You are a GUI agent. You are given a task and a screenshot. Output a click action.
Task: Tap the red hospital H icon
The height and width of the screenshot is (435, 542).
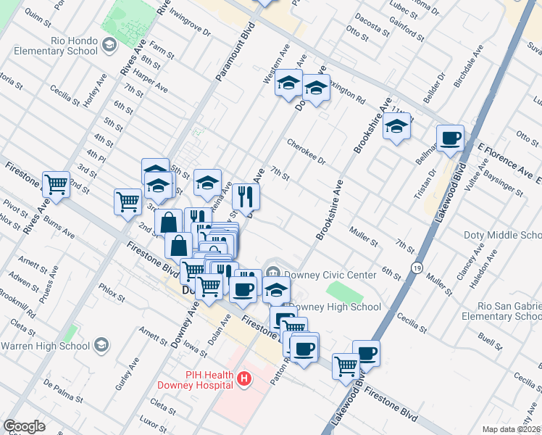pos(245,378)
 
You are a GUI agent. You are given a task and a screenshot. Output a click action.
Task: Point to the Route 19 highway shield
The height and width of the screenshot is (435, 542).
pos(416,268)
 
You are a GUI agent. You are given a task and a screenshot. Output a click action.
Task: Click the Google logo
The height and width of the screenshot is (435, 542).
pos(24,426)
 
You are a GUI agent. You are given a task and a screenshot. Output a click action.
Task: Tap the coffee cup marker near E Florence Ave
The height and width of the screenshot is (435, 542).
pos(450,138)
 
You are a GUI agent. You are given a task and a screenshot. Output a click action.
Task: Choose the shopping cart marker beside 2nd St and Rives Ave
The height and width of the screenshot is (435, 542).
pos(56,184)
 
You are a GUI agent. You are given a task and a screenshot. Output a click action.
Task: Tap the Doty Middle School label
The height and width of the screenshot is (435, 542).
pos(502,236)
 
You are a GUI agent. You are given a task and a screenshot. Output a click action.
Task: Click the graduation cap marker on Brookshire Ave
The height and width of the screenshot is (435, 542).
pos(396,127)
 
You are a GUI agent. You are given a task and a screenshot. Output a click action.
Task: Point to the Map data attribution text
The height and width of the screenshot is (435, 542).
pos(511,429)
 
